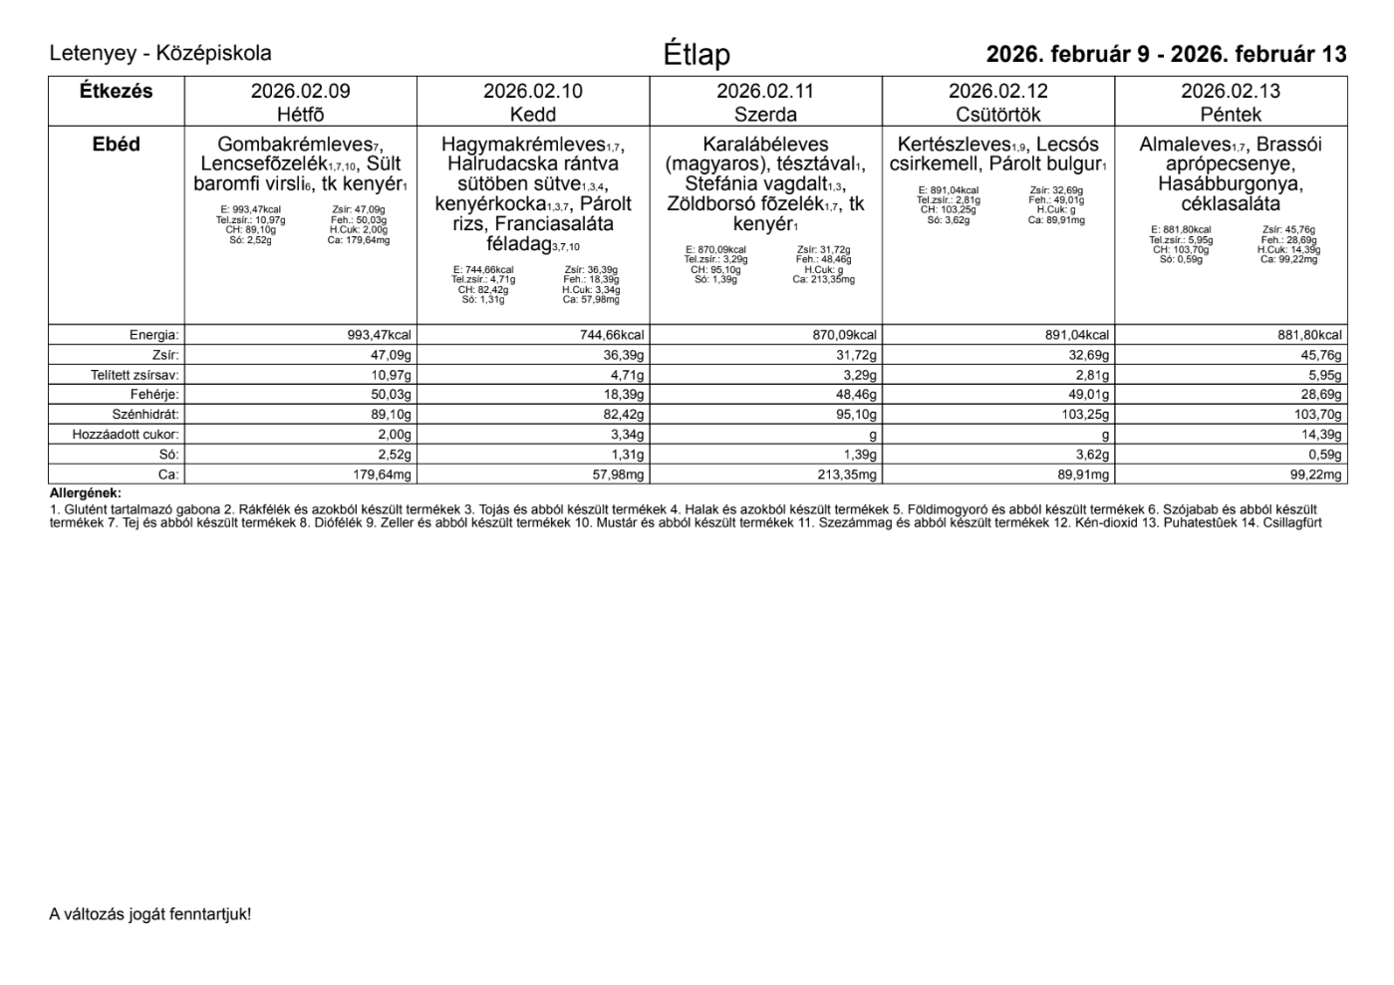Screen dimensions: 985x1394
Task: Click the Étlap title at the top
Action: [x=697, y=55]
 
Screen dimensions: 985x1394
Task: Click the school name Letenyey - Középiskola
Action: [x=160, y=54]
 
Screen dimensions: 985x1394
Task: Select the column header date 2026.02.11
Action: [x=764, y=92]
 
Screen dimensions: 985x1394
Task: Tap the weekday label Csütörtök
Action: [x=997, y=115]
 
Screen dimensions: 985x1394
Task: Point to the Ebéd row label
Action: [x=116, y=145]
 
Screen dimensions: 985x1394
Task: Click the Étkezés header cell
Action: [x=116, y=92]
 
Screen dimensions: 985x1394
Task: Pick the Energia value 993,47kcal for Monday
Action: [x=379, y=336]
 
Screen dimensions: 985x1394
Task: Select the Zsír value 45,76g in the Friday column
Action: [x=1321, y=355]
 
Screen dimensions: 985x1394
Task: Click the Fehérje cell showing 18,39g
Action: [x=624, y=395]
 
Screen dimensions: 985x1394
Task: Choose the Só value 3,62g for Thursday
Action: [x=1089, y=455]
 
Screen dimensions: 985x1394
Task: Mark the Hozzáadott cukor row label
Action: [x=126, y=435]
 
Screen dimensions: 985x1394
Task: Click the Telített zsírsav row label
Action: [x=135, y=375]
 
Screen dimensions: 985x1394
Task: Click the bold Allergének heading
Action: [x=85, y=493]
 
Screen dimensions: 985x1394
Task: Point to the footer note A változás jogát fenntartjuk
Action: [x=150, y=913]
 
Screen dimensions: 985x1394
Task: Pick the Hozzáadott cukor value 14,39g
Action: [x=1321, y=435]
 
